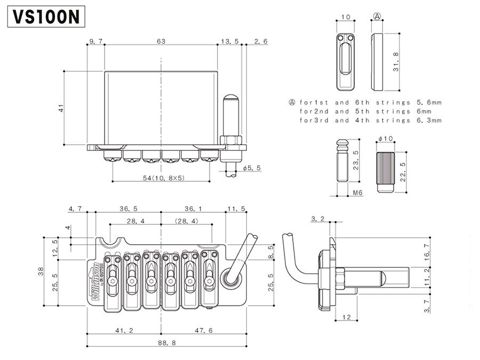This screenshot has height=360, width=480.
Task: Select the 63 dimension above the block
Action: [x=161, y=41]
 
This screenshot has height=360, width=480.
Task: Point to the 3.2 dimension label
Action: [x=317, y=219]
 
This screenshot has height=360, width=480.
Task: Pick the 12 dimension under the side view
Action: [x=346, y=317]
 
